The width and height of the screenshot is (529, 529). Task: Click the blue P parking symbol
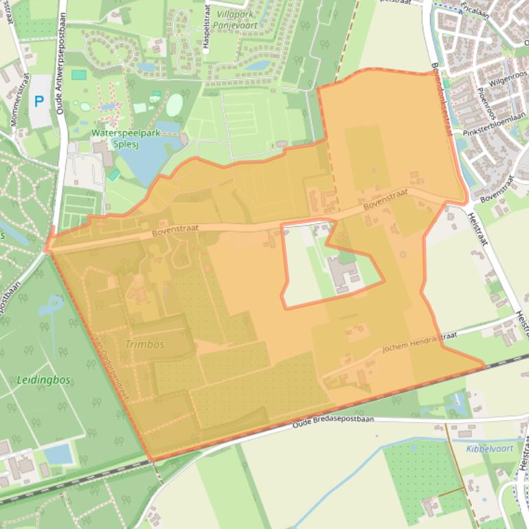coord(39,102)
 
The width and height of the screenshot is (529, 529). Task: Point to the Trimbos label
coord(145,344)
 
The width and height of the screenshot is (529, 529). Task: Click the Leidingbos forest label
coord(44,379)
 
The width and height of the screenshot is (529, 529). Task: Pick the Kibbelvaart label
coord(490,449)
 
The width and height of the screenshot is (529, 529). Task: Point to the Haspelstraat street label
coord(205,28)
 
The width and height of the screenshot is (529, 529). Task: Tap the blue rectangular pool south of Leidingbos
coord(60,453)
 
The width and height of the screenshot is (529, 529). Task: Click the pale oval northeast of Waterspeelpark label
coord(175,104)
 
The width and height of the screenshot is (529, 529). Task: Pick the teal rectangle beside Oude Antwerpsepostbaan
coord(79,75)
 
